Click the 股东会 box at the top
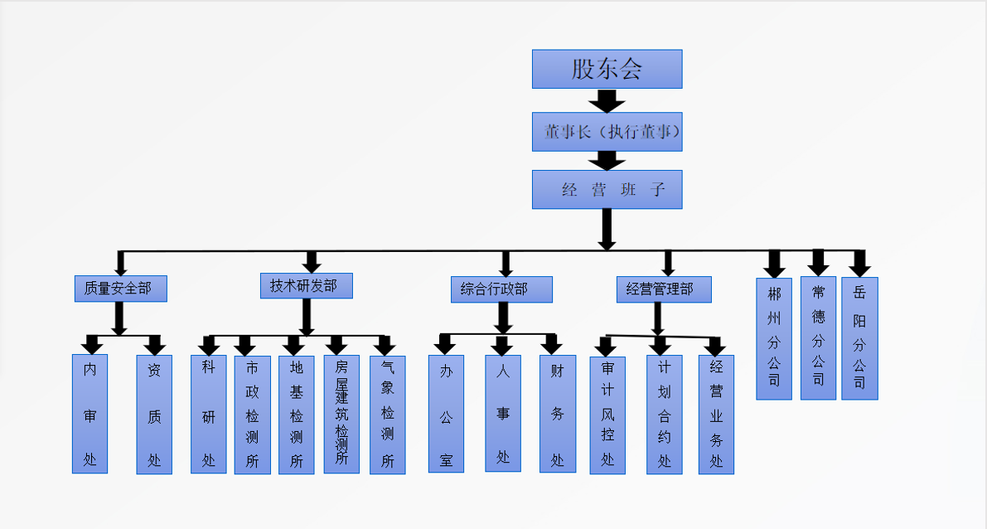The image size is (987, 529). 607,69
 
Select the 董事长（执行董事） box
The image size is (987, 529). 607,132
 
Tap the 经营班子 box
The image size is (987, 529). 607,189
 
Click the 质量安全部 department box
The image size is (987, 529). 119,289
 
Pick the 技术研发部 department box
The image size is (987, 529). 306,285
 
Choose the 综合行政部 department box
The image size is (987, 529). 502,289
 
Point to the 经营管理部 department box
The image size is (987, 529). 665,289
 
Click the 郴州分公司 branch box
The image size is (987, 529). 774,338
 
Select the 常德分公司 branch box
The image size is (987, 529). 818,338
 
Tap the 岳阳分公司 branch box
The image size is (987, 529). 859,338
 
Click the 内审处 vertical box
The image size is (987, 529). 90,414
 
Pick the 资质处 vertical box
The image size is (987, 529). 154,414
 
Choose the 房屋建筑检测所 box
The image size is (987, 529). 341,414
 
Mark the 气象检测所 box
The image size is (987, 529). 387,414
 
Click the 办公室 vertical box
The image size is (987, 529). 446,414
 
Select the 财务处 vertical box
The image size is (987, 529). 557,414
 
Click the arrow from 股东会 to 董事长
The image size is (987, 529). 607,100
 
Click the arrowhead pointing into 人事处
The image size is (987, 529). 502,346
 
